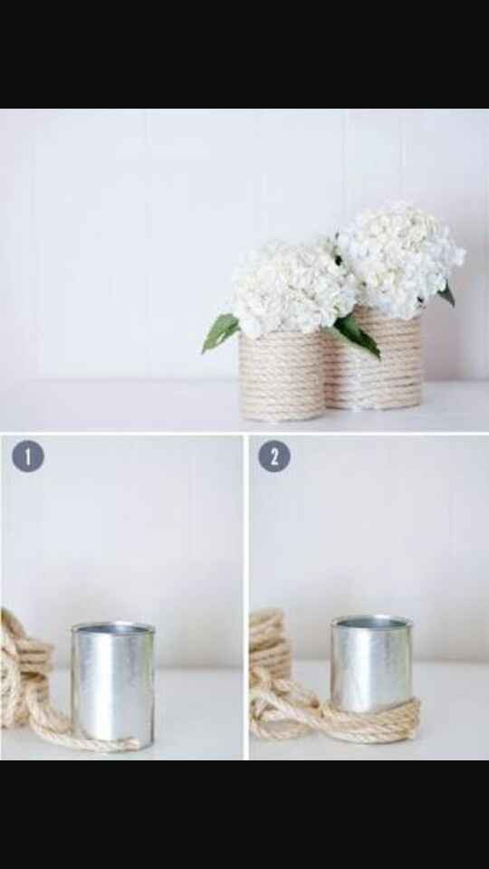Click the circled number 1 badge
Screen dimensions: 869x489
[28, 456]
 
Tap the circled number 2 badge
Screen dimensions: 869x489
[274, 456]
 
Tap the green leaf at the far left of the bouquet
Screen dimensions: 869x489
[220, 332]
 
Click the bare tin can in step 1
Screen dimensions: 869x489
[112, 683]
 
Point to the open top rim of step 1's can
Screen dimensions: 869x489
[113, 626]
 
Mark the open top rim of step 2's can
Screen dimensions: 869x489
[371, 621]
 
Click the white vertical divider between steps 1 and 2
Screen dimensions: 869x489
[245, 597]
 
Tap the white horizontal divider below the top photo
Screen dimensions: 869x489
[244, 433]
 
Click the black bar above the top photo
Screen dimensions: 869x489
[244, 54]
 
